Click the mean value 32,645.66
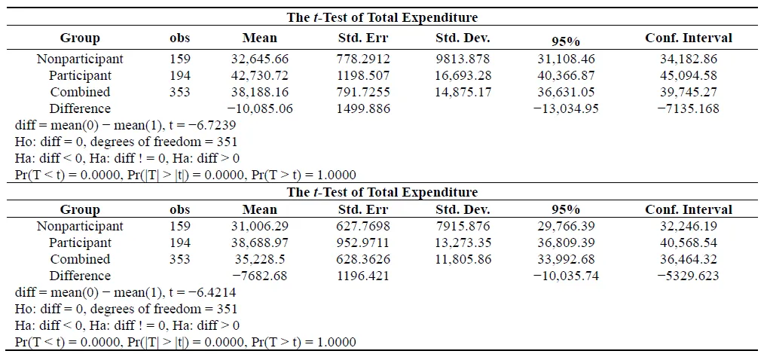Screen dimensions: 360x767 tap(260, 59)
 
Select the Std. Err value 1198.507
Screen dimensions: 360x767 tap(363, 75)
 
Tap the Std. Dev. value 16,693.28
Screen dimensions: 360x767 tap(463, 75)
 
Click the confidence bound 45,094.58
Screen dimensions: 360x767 tap(689, 75)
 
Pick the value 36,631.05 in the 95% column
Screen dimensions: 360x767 tap(566, 92)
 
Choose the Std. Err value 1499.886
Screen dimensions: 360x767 tap(363, 108)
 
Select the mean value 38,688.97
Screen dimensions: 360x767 tap(260, 243)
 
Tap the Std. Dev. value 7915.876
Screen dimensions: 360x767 tap(463, 226)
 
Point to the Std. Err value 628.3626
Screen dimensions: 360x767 tap(363, 259)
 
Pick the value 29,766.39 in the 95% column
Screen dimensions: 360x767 tap(566, 226)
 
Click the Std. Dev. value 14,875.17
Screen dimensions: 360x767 tap(463, 92)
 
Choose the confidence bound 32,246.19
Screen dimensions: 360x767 tap(689, 226)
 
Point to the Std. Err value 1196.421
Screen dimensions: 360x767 tap(363, 276)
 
